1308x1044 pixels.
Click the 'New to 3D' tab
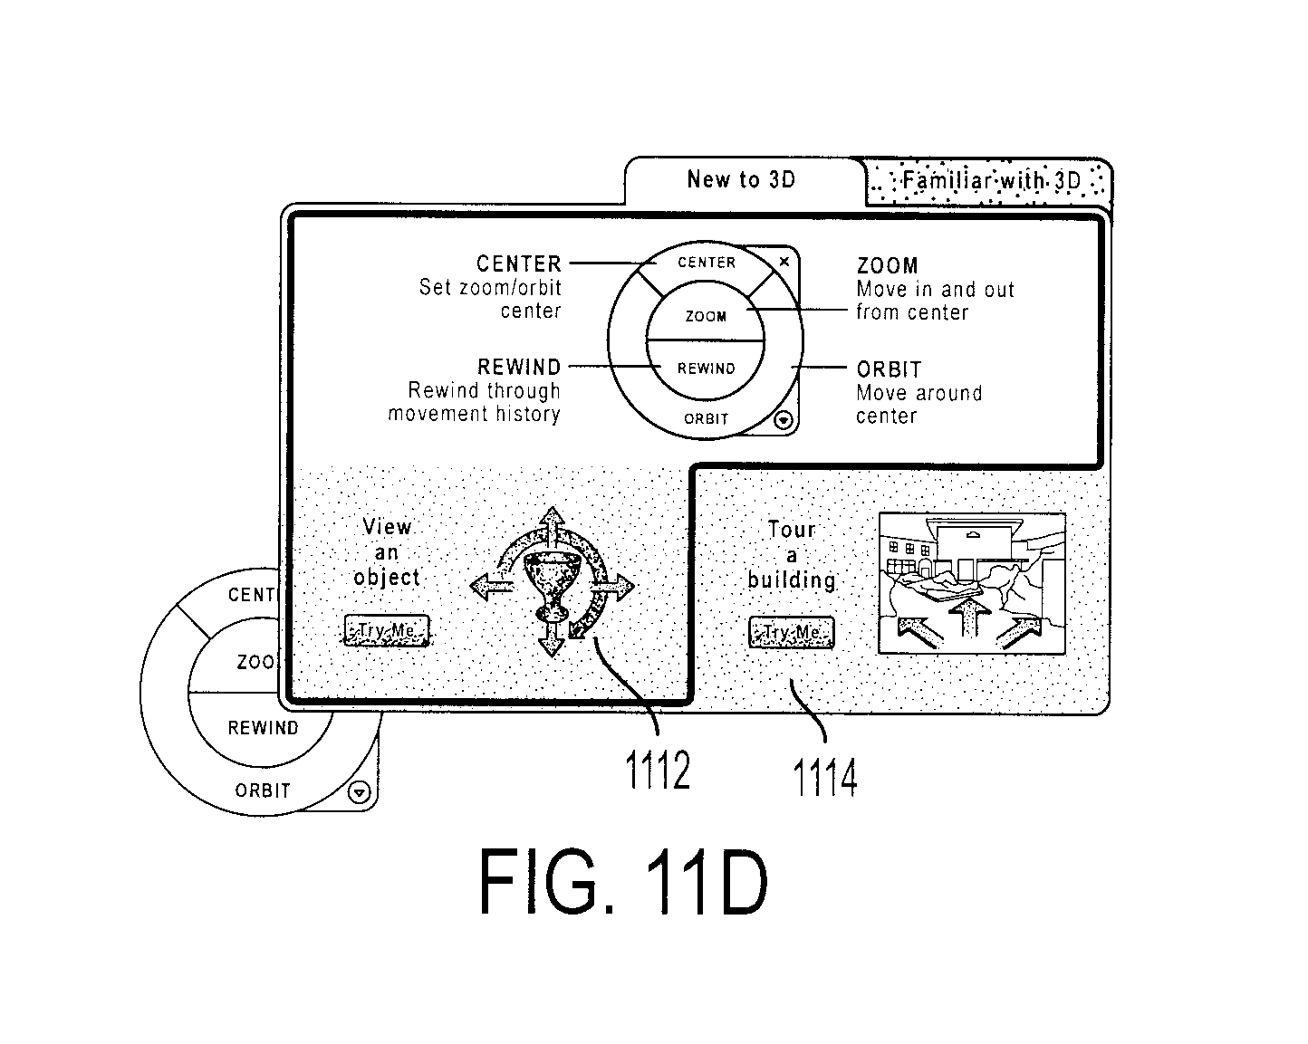(x=742, y=180)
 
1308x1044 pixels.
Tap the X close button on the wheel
(x=784, y=262)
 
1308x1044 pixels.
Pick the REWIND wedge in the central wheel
(x=705, y=369)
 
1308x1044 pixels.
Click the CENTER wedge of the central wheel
(x=707, y=263)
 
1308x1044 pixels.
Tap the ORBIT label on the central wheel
(x=706, y=418)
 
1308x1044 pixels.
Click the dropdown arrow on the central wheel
(x=784, y=420)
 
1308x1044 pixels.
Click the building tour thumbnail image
(x=972, y=583)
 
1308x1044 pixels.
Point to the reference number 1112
(x=658, y=770)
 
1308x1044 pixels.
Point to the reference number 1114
(x=825, y=777)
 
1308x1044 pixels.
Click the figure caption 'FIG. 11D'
(x=623, y=881)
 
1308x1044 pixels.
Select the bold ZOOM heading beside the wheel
(x=887, y=266)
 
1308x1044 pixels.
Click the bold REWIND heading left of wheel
(x=519, y=367)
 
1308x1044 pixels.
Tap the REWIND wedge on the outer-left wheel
(x=263, y=728)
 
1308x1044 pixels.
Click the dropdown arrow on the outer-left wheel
(x=360, y=792)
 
